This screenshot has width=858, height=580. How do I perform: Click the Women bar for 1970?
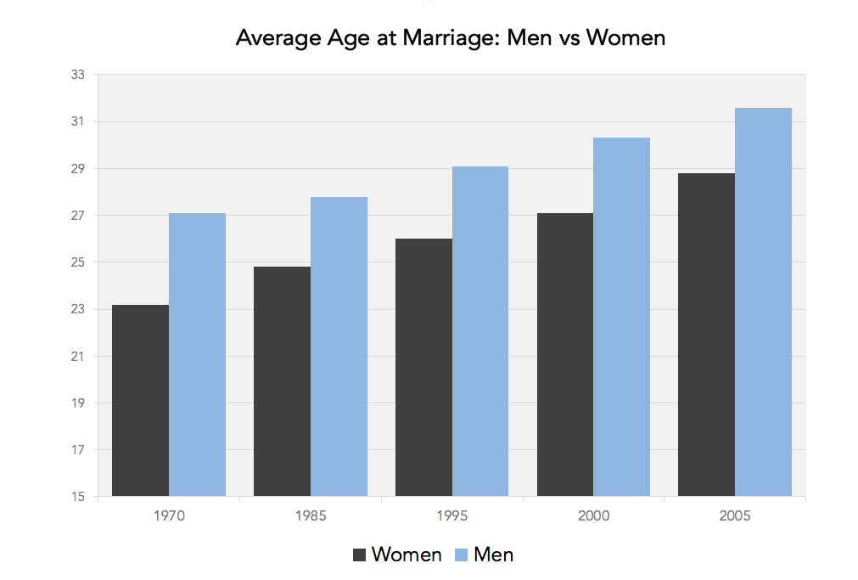pos(140,400)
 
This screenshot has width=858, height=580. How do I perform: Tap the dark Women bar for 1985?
pos(282,381)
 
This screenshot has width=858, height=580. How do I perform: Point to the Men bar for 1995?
pos(480,331)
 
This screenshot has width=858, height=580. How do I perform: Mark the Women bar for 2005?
pos(706,335)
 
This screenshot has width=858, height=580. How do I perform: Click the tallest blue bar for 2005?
pos(763,301)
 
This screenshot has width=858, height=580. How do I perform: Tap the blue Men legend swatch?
pos(457,555)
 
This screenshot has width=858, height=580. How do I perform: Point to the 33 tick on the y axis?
pos(78,75)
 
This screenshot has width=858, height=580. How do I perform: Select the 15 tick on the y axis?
pos(78,497)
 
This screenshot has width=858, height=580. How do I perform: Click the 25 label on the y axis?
pos(78,262)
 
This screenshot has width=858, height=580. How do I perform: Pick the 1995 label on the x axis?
pos(451,515)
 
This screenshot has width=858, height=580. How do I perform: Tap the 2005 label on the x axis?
pos(734,515)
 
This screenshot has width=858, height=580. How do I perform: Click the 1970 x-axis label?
pos(169,515)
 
